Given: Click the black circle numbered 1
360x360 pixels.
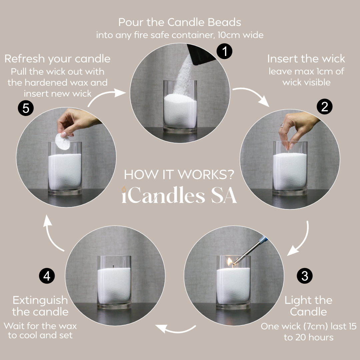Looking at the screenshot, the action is point(224,51).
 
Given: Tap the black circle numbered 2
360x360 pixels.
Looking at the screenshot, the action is point(324,107).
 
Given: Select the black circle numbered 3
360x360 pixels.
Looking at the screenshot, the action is point(305,276).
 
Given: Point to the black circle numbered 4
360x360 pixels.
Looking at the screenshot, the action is point(47,276).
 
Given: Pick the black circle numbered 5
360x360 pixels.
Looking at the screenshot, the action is point(26,108).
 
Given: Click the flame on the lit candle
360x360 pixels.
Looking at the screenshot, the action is point(230,262).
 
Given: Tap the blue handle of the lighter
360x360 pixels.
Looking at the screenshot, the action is point(263,240).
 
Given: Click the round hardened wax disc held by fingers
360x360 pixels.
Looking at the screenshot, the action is point(62,141).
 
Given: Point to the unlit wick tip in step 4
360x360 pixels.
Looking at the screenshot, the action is point(113,267).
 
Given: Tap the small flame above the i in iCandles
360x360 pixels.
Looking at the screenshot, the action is point(124,189).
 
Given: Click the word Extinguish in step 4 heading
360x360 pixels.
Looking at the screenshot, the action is point(40,300).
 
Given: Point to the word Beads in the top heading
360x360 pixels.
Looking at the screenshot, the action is point(224,23).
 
